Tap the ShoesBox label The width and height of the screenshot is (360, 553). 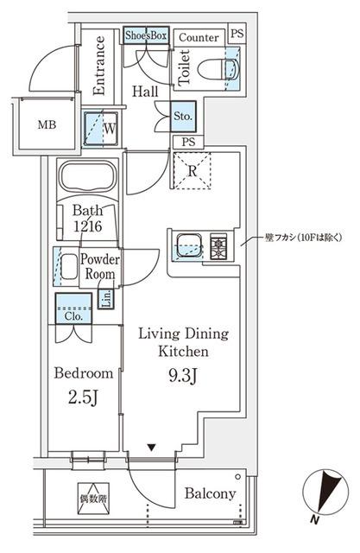[x=146, y=35]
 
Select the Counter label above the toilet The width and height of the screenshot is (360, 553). [x=199, y=36]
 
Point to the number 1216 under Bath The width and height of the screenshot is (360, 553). [x=87, y=226]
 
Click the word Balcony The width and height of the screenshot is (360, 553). [x=210, y=494]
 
